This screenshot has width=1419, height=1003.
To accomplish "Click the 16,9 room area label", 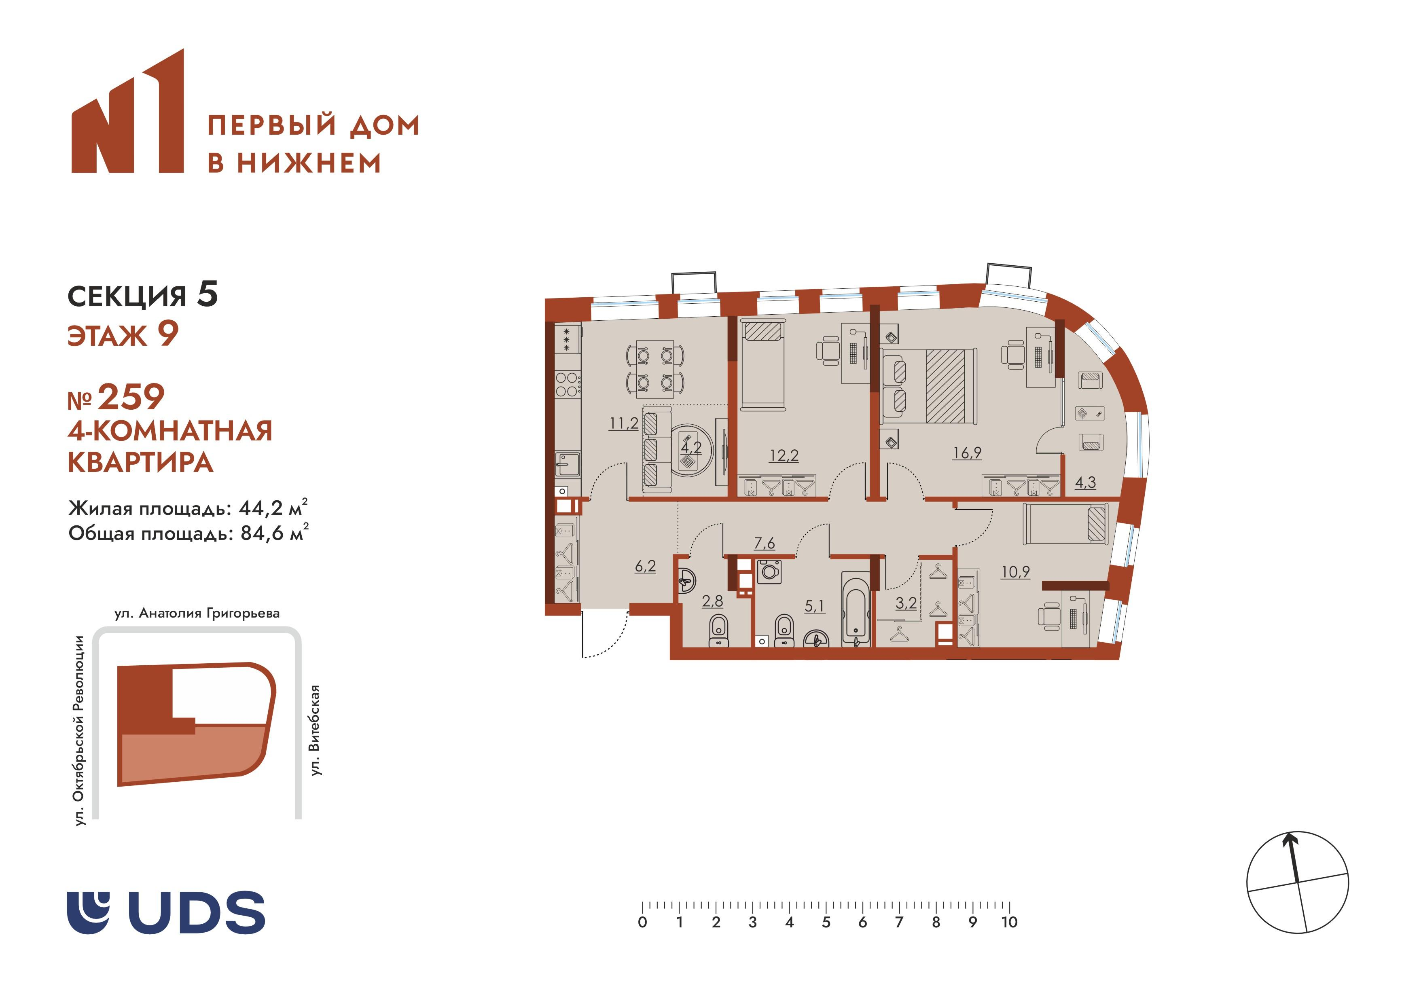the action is pyautogui.click(x=967, y=453).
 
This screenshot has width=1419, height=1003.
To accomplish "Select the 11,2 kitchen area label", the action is pyautogui.click(x=624, y=424).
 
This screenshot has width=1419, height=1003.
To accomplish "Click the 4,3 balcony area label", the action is pyautogui.click(x=1085, y=482).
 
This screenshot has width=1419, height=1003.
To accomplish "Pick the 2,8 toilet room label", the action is pyautogui.click(x=712, y=601).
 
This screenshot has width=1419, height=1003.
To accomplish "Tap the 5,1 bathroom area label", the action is pyautogui.click(x=815, y=606).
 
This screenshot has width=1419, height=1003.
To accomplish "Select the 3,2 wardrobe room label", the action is pyautogui.click(x=906, y=603).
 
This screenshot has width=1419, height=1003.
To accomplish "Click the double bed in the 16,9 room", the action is pyautogui.click(x=929, y=386).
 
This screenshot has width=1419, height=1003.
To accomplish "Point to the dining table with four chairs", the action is pyautogui.click(x=655, y=366).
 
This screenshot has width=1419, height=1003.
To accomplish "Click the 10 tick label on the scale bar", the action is pyautogui.click(x=1009, y=923).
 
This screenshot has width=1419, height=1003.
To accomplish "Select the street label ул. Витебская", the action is pyautogui.click(x=315, y=730).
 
